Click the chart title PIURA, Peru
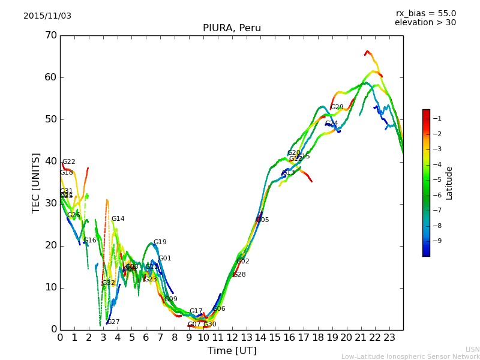coord(232,28)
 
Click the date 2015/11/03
coord(47,16)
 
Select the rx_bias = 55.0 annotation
coord(426,13)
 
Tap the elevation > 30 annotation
coord(425,23)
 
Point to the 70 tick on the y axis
coord(51,35)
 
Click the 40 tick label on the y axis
coord(51,161)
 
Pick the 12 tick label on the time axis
coord(232,338)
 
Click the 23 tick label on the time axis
coord(389,338)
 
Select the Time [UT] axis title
coord(232,350)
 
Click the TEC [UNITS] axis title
coord(36,182)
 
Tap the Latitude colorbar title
coord(449,183)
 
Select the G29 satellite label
coord(337,107)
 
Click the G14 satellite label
coord(118,219)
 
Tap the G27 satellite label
coord(113,322)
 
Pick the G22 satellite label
coord(68,162)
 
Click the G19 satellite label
coord(160,242)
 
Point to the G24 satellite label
coord(331,124)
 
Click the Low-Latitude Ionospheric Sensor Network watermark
coord(410,357)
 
